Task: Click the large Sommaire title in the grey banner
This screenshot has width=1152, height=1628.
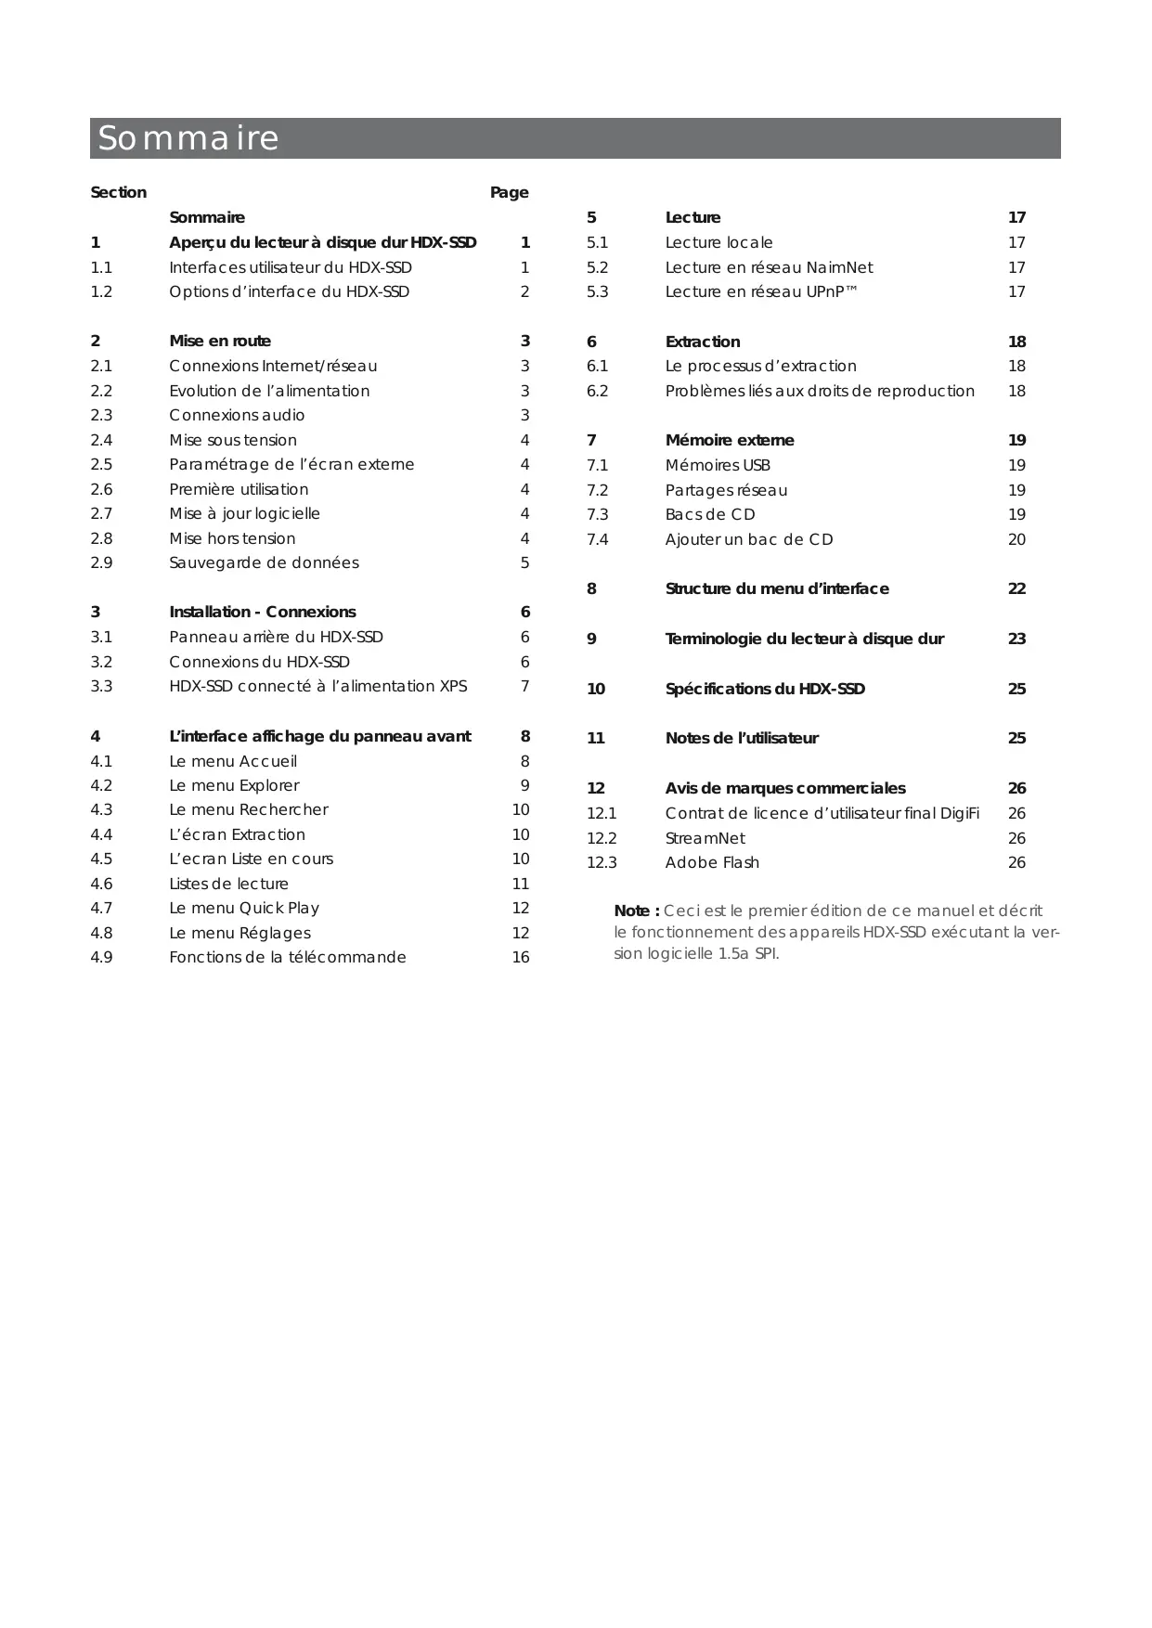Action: pos(188,138)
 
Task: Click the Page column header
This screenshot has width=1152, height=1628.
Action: pos(509,193)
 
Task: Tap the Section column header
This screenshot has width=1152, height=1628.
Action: pos(118,193)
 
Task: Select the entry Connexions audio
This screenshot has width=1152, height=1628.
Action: pos(237,416)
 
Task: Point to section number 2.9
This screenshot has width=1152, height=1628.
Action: pos(101,563)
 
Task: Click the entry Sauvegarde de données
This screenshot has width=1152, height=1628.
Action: pos(264,563)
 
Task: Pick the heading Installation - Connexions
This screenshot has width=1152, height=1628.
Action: pos(262,613)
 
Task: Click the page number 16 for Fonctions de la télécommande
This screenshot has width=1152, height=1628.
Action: pos(521,958)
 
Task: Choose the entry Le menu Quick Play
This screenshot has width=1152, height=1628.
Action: pos(244,909)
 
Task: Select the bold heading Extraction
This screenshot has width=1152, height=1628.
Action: pos(703,342)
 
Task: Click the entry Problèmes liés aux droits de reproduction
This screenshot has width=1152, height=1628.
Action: pos(820,392)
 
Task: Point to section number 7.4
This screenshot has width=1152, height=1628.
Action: pos(597,540)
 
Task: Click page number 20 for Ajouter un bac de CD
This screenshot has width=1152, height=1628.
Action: pos(1016,540)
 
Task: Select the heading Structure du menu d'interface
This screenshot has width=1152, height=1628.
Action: pos(777,589)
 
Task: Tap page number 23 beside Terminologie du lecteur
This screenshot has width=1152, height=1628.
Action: pos(1016,640)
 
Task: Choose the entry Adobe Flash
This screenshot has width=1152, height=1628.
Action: pos(712,863)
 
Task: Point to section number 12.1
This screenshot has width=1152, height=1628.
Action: pos(602,814)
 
